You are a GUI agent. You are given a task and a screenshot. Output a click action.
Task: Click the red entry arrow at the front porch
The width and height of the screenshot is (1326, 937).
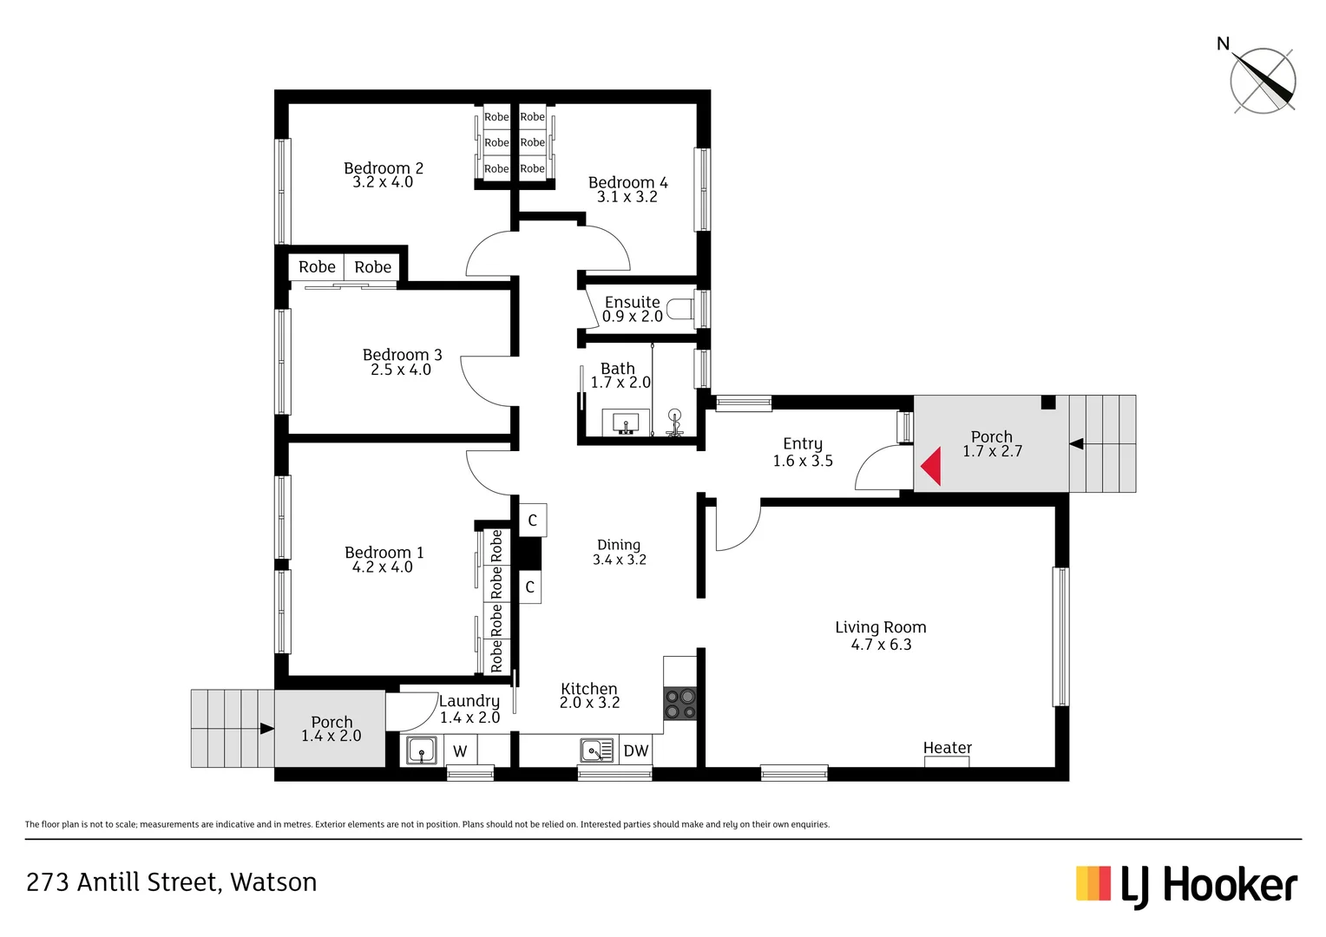tap(931, 466)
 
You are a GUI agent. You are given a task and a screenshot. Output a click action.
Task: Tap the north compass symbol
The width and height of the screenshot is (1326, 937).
tap(1262, 81)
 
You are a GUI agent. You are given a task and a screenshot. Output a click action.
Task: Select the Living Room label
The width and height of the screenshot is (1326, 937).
tap(880, 627)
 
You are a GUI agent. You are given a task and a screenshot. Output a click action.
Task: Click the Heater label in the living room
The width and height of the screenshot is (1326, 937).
tap(947, 748)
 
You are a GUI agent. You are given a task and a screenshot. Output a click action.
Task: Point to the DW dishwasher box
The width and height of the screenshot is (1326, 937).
tap(635, 750)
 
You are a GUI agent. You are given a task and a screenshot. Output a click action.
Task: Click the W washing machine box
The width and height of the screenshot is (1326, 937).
tap(460, 750)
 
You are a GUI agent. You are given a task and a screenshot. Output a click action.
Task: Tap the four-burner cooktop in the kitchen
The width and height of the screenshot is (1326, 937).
tap(680, 704)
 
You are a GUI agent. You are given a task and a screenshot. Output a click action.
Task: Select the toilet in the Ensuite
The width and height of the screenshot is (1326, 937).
tap(682, 309)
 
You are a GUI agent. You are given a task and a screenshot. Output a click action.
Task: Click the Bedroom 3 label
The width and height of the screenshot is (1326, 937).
tap(402, 355)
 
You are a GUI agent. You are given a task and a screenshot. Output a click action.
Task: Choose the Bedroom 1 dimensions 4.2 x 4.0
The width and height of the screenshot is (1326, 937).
tap(382, 567)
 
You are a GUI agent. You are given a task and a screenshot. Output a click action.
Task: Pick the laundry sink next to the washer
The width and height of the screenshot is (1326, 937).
tap(422, 750)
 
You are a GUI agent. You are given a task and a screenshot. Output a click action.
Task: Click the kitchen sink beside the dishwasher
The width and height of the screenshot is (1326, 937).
tap(597, 750)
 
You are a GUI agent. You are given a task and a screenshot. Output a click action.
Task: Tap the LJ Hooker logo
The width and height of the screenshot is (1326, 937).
tap(1186, 886)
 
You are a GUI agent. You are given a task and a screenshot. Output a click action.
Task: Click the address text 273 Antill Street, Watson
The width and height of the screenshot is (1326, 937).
tap(172, 882)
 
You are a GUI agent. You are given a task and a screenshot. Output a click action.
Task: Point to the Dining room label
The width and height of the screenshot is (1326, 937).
tap(619, 545)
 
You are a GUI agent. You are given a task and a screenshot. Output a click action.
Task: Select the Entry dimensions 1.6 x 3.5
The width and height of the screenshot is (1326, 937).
tap(803, 462)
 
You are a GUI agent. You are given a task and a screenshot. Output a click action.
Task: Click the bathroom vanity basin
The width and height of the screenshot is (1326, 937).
tap(626, 423)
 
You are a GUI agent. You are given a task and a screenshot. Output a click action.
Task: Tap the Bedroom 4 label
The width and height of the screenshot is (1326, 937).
tap(627, 182)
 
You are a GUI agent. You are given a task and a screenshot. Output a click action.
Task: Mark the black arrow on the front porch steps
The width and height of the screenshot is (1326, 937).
tap(1077, 444)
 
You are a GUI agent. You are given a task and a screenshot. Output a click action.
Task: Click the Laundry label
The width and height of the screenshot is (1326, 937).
tap(469, 701)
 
